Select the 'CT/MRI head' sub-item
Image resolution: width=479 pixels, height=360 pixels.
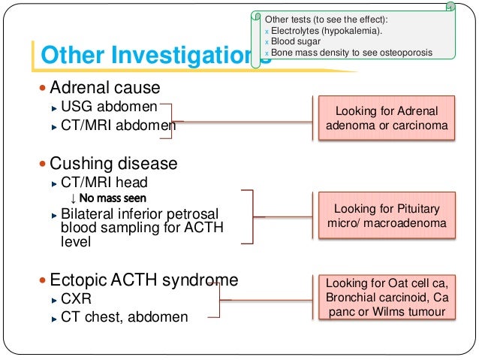tap(104, 182)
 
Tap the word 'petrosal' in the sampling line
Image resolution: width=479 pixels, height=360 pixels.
tap(206, 214)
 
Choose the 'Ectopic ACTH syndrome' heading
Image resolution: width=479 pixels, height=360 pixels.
tap(143, 280)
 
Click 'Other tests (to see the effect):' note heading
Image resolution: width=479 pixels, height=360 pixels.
tap(326, 18)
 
